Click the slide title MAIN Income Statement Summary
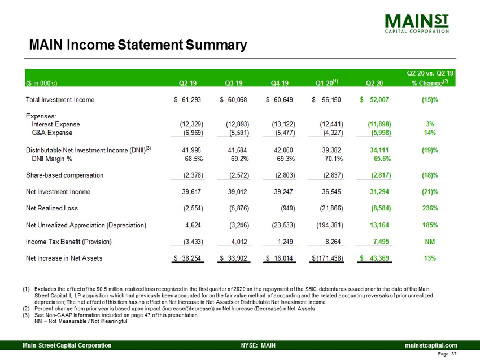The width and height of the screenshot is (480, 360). click(138, 45)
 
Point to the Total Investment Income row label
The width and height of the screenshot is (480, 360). click(60, 100)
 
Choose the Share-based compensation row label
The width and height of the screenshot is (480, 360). click(65, 175)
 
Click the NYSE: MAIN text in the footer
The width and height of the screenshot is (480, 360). click(254, 345)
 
